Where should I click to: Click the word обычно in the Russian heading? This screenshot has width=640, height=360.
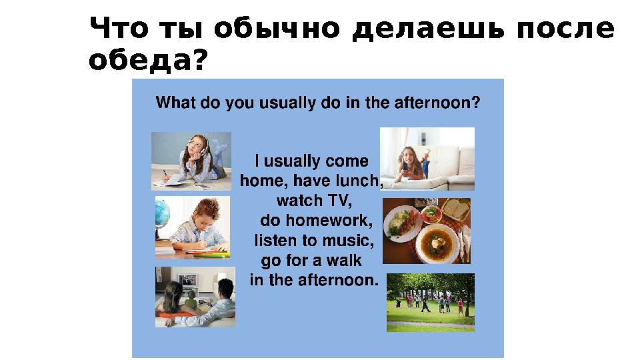pyautogui.click(x=277, y=29)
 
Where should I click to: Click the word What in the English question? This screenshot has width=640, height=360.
pyautogui.click(x=175, y=102)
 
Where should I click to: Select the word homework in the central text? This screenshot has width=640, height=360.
pyautogui.click(x=329, y=221)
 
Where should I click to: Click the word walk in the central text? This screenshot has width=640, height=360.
pyautogui.click(x=344, y=260)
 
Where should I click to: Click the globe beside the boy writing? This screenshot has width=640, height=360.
pyautogui.click(x=162, y=213)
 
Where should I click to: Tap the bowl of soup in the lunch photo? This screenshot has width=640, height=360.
pyautogui.click(x=437, y=243)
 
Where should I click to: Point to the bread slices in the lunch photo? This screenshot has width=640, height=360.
pyautogui.click(x=455, y=209)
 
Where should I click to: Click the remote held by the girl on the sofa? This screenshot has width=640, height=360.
pyautogui.click(x=405, y=167)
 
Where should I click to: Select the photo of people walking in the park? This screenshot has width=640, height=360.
pyautogui.click(x=431, y=303)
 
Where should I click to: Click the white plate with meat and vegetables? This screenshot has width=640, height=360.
pyautogui.click(x=402, y=223)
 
